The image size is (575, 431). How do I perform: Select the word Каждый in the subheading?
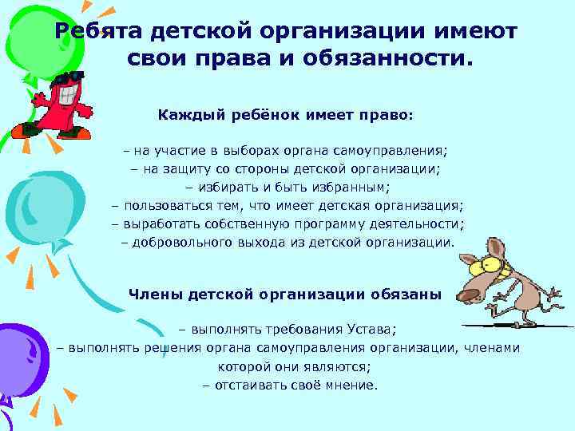coord(189,115)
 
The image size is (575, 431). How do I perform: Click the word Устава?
coord(371,328)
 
